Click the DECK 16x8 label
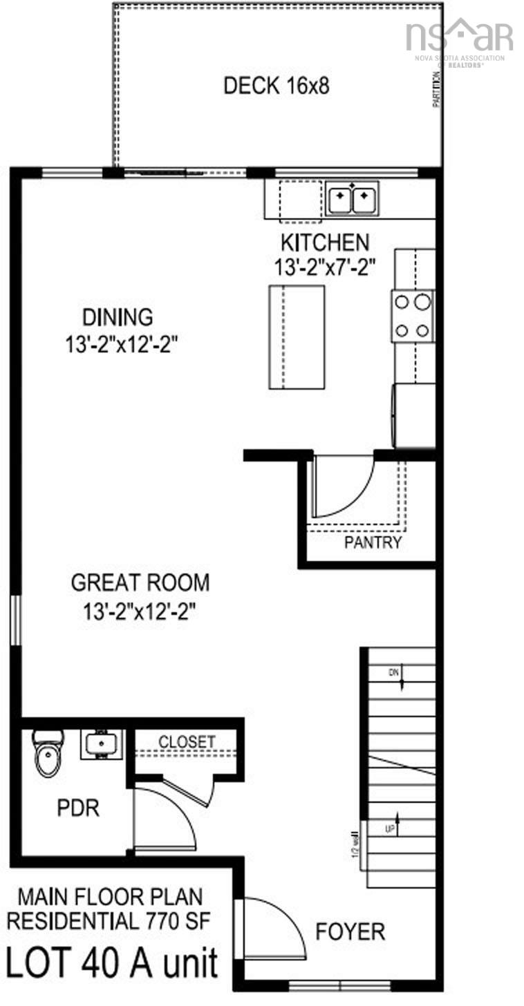[x=277, y=86]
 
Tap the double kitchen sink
[x=352, y=200]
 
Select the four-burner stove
[x=413, y=316]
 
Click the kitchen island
[x=297, y=337]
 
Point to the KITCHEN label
[x=324, y=243]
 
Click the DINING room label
[x=118, y=317]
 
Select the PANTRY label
[x=373, y=542]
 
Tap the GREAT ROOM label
[x=140, y=582]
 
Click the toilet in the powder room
[x=48, y=754]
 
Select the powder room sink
[x=102, y=745]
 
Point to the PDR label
[x=78, y=808]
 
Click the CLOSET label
[x=187, y=741]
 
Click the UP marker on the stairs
[x=391, y=827]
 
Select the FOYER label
[x=350, y=931]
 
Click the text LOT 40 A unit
[x=112, y=962]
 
